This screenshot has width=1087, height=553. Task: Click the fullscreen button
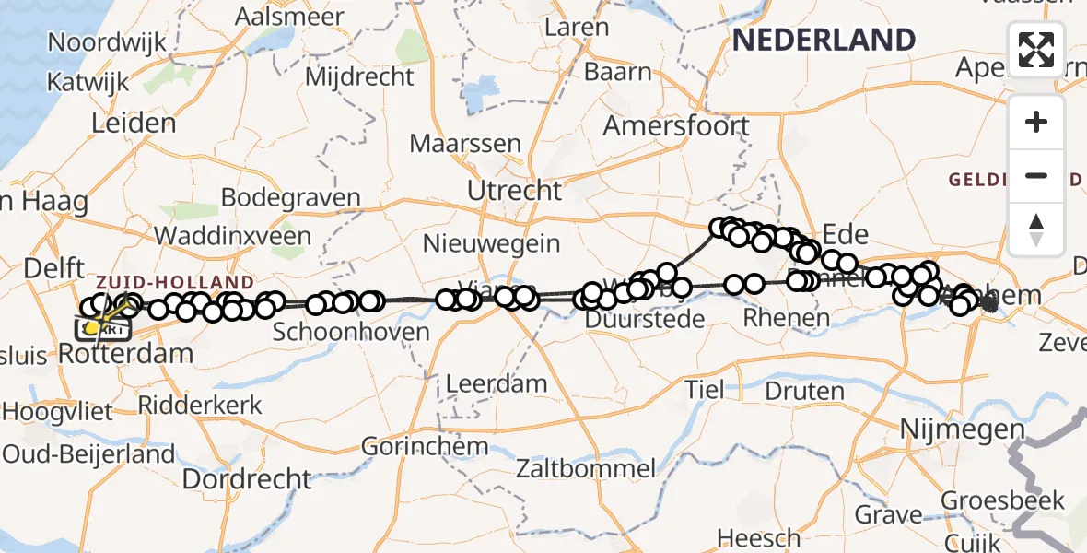coord(1036,50)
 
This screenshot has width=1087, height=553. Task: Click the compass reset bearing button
coord(1036,229)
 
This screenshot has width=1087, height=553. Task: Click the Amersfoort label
coord(676,125)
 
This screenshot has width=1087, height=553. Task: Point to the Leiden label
coord(134,124)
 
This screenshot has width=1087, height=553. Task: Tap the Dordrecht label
coord(248,479)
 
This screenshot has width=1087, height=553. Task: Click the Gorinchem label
coord(425,447)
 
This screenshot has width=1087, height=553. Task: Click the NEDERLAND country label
coord(824,40)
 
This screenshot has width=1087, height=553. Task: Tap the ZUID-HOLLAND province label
coord(174,282)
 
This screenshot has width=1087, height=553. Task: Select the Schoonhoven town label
coord(351,332)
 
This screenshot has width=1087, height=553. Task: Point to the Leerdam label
coord(496,383)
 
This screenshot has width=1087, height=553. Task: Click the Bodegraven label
coord(290,198)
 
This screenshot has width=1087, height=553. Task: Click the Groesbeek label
coord(1002,501)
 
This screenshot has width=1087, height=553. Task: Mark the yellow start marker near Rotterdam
coord(92,327)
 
